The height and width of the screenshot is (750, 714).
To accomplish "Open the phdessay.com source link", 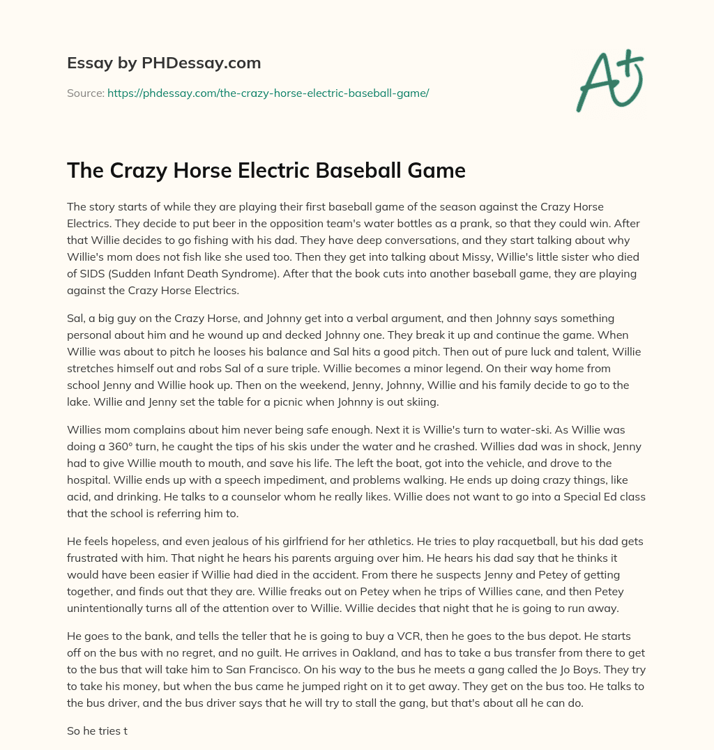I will click(x=268, y=93).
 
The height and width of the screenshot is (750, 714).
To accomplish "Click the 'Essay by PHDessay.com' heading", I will click(x=164, y=63).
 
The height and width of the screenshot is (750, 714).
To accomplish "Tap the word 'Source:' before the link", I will click(x=85, y=93).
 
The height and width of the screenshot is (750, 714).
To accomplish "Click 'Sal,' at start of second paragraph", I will click(x=77, y=317).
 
